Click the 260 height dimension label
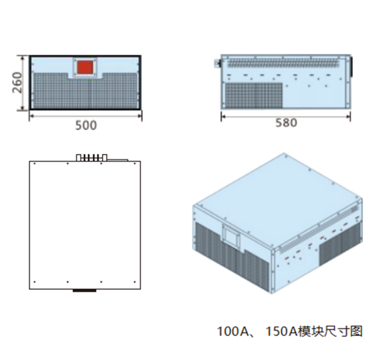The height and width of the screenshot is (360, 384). tap(17, 82)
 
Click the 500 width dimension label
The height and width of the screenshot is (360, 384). tap(86, 126)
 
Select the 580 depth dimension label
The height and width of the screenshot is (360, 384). tap(286, 123)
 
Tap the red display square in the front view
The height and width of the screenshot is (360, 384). tap(85, 67)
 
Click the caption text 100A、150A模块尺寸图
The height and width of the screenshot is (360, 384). tap(290, 331)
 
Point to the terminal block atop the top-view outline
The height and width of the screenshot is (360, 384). tap(92, 157)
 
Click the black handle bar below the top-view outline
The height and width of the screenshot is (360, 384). tap(84, 291)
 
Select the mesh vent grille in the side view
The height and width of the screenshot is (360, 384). tap(253, 95)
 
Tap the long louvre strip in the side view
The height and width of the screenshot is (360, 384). tap(284, 63)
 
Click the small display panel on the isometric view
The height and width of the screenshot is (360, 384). tap(231, 235)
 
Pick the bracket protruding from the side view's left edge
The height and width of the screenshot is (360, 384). tap(217, 64)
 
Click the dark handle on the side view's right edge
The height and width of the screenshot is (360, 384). tap(352, 66)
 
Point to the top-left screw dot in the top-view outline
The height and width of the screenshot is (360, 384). tap(35, 164)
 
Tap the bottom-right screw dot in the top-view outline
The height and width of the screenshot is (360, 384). tap(134, 282)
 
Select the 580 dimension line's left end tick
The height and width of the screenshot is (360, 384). tap(221, 116)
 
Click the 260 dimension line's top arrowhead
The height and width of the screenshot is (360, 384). tap(23, 58)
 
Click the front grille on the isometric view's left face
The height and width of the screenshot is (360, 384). tap(231, 255)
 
